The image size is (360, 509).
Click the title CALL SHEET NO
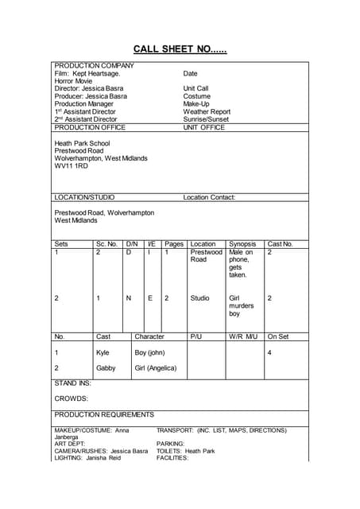(180, 49)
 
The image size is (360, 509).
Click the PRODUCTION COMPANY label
(94, 65)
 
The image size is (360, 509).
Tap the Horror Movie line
(73, 81)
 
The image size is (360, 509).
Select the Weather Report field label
(207, 112)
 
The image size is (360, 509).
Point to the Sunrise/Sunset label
(207, 120)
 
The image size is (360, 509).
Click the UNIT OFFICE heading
(203, 127)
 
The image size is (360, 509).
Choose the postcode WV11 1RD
(71, 165)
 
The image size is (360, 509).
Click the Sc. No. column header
(106, 244)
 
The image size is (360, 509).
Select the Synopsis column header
(242, 244)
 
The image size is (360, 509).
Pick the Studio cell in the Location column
(200, 298)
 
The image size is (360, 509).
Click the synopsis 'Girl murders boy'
(242, 305)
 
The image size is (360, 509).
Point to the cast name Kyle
(103, 352)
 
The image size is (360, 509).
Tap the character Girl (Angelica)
(156, 368)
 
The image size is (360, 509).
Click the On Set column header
(278, 336)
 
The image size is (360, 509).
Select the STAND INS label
(72, 383)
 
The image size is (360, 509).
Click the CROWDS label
(71, 398)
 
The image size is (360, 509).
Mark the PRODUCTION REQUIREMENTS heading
(104, 414)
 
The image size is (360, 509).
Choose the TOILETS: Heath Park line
(185, 451)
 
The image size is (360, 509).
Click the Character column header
(149, 336)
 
